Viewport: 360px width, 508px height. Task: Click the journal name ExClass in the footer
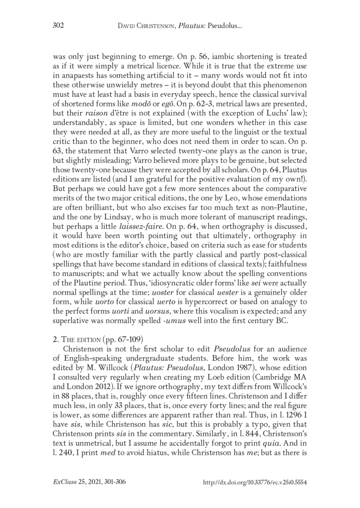tap(65, 482)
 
